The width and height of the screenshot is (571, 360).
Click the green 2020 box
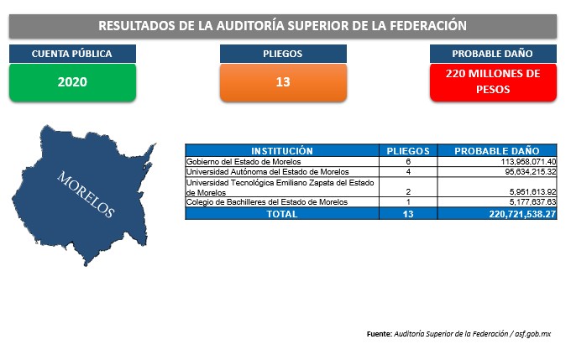point(72,82)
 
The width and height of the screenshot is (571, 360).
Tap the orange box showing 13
point(283,82)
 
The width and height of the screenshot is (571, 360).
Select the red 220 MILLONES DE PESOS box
point(493,82)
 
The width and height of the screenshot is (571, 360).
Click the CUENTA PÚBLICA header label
point(71,54)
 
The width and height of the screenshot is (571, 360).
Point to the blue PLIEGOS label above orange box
point(283,54)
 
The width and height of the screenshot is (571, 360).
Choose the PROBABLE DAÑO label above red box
point(492,54)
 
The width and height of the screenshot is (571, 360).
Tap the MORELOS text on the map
point(86,195)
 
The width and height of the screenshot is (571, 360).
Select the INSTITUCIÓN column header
point(282,151)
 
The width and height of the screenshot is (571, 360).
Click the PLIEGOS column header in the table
point(408,151)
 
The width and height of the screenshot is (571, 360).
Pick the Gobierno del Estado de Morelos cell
point(244,162)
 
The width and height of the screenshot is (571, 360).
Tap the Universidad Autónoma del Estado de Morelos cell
point(268,172)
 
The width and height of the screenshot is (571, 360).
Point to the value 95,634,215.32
point(531,172)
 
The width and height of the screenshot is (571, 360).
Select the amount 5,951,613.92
point(532,192)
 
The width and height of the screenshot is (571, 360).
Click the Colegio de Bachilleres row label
point(267,202)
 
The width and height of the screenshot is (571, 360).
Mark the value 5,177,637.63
point(532,202)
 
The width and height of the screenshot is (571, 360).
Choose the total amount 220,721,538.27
point(522,214)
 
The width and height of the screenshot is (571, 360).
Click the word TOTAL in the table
point(282,214)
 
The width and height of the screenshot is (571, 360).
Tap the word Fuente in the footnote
point(380,334)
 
